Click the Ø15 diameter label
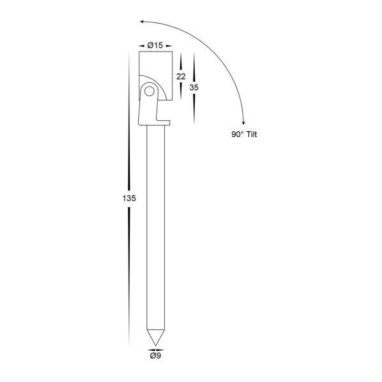pos(155,45)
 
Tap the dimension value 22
pos(181,76)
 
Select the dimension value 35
pos(194,88)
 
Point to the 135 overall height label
pos(129,198)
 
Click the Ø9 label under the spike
pos(155,356)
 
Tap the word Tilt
pos(257,134)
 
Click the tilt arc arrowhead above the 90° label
pos(243,120)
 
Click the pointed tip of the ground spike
pos(155,344)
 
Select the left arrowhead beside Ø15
pos(141,45)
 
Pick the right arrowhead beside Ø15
pos(170,45)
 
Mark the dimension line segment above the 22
pos(181,62)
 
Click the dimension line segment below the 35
pos(194,109)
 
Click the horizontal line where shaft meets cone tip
pos(155,329)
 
